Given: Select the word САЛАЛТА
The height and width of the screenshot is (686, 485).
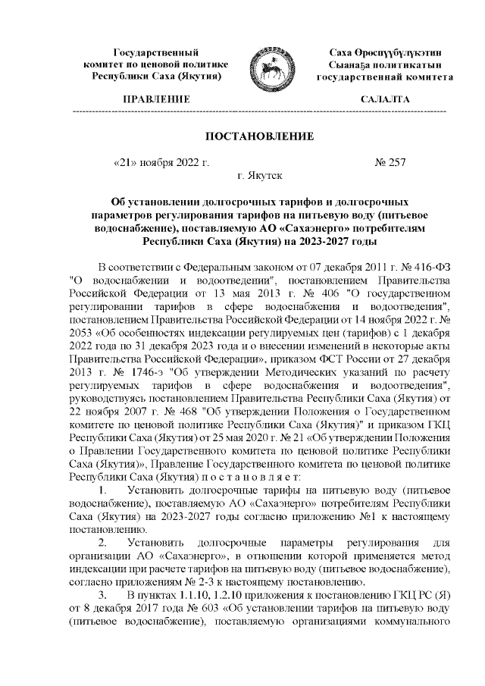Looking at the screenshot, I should click(x=385, y=99).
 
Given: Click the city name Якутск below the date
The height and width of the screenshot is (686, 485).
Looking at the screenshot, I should click(x=264, y=176).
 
